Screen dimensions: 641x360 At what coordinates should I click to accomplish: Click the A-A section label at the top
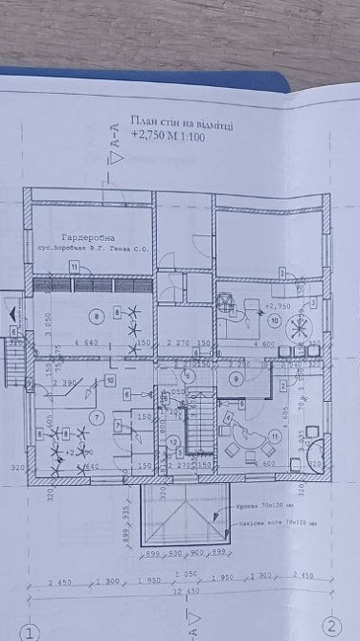pos(117,139)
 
